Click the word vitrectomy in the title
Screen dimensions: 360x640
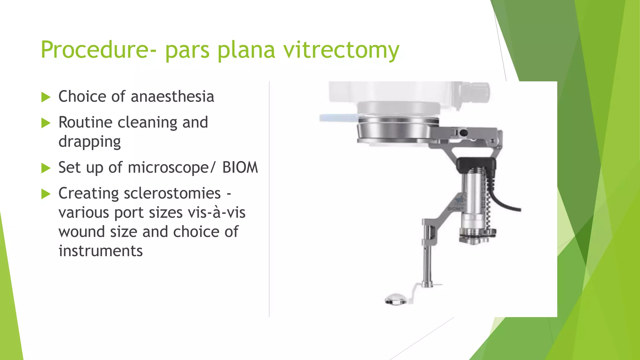click(x=341, y=50)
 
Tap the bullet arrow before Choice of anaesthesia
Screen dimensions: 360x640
click(x=46, y=97)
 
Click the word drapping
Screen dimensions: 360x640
click(x=89, y=142)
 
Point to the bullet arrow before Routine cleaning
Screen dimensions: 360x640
click(x=46, y=123)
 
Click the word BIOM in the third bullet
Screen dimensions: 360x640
click(x=240, y=167)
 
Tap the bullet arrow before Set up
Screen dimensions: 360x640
click(x=46, y=168)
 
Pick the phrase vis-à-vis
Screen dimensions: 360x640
click(x=216, y=213)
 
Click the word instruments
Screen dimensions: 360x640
click(x=100, y=251)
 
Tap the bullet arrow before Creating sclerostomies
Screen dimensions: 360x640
click(x=46, y=194)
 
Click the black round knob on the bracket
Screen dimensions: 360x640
click(x=464, y=133)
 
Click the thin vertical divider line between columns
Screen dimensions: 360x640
click(x=269, y=200)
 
